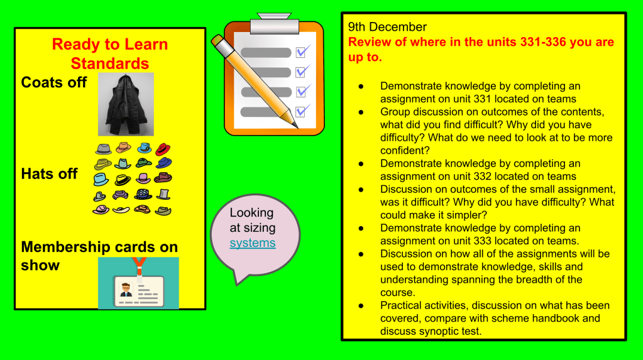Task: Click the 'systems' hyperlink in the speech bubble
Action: coord(253,243)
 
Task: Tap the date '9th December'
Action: coord(387,27)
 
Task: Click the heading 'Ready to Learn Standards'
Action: coord(110,53)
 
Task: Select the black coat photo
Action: coord(126,104)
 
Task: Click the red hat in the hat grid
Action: coord(163,149)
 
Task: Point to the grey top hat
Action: coord(163,194)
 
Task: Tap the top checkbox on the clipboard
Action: coord(302,52)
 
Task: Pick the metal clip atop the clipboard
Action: coord(274,23)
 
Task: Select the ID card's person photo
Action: coord(126,290)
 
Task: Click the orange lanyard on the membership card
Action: coord(139,266)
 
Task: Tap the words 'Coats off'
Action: coord(53,82)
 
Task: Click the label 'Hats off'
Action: coord(49,174)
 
